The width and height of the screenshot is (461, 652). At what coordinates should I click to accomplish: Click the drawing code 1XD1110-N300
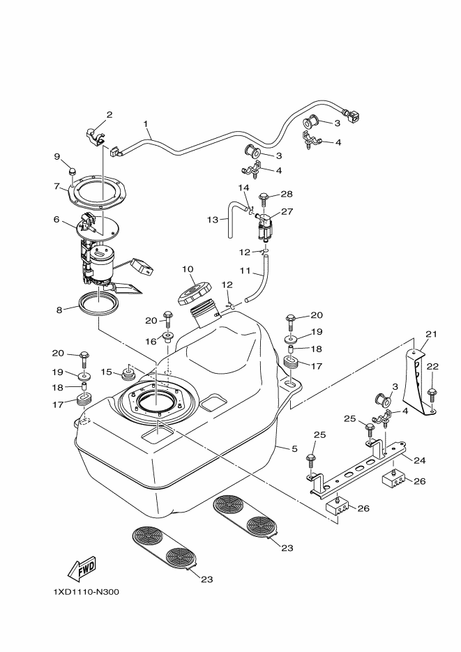86,592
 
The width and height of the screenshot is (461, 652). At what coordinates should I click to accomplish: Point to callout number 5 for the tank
294,448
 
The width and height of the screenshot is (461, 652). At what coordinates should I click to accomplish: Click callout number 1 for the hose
146,123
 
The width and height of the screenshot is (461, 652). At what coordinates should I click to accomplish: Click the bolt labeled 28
264,199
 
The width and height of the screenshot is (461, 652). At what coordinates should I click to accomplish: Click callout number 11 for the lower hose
245,271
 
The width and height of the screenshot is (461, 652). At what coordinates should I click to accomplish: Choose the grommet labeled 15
127,372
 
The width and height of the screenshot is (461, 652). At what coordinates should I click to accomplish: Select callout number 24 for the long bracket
419,460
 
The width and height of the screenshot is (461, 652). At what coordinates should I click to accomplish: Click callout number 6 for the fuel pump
56,219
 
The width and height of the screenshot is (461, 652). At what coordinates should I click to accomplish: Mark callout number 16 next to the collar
151,342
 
